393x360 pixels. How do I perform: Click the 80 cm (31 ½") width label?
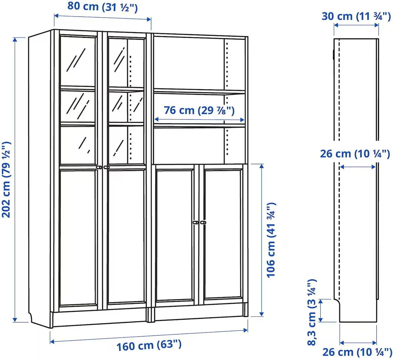click(103, 7)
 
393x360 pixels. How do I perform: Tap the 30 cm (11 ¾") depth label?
click(356, 16)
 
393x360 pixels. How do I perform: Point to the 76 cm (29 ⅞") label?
click(199, 110)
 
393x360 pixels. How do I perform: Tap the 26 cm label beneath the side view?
click(357, 352)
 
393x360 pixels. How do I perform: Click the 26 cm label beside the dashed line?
click(355, 154)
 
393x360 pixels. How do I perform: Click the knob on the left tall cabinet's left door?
click(99, 167)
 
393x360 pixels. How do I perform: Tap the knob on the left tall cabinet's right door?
click(106, 167)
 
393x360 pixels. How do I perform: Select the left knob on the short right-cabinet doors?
click(196, 222)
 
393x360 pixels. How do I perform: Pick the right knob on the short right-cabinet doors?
click(203, 222)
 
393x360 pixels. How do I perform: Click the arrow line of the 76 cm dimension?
click(199, 119)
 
